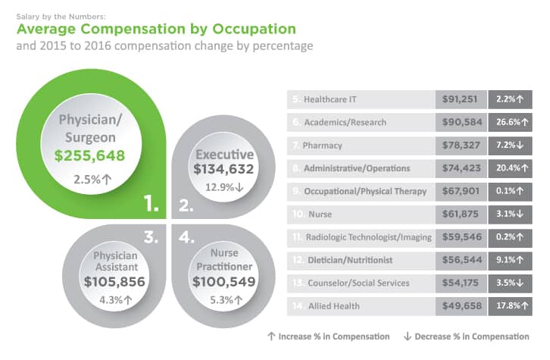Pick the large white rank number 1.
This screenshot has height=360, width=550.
[x=152, y=203]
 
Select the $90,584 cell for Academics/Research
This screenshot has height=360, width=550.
[x=461, y=122]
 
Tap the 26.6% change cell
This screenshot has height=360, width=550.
[x=511, y=122]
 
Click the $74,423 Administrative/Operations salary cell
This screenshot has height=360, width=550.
[x=461, y=167]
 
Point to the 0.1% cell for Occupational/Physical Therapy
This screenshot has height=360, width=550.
[x=511, y=191]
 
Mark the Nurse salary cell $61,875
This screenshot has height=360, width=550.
[x=461, y=214]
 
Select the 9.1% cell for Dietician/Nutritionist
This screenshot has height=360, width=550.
[x=511, y=259]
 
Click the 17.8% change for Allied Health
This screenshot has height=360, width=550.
[x=511, y=305]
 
